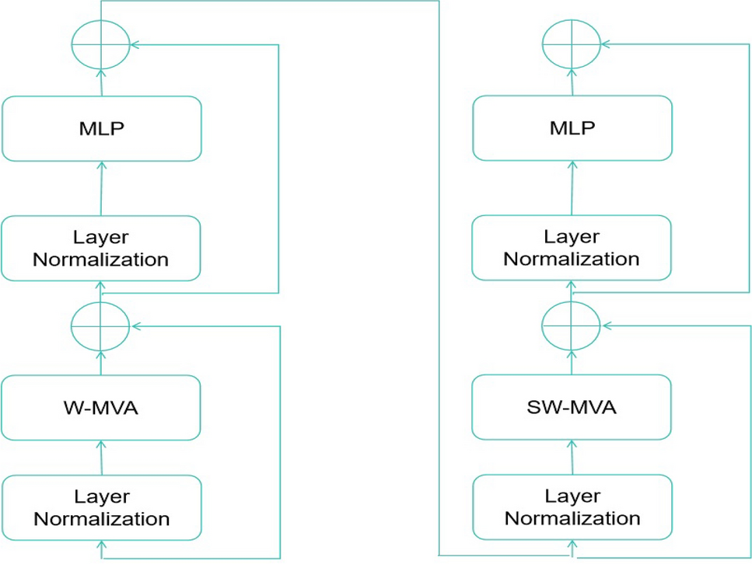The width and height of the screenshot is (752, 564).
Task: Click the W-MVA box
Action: pyautogui.click(x=101, y=407)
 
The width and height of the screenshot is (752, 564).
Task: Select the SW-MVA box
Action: pyautogui.click(x=572, y=407)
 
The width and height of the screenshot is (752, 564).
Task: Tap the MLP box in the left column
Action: pyautogui.click(x=101, y=129)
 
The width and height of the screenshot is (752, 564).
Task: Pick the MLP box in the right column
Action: pyautogui.click(x=572, y=129)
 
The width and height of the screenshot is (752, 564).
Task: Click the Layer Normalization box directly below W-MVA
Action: pyautogui.click(x=101, y=507)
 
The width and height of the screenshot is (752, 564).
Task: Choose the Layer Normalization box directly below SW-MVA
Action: pyautogui.click(x=572, y=507)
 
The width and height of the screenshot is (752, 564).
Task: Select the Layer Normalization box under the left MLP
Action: pyautogui.click(x=101, y=248)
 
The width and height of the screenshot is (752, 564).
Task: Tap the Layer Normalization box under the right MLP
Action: pyautogui.click(x=572, y=248)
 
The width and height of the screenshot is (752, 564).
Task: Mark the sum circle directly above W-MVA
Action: pyautogui.click(x=100, y=326)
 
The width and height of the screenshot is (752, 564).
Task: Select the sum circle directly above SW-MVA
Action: pyautogui.click(x=572, y=326)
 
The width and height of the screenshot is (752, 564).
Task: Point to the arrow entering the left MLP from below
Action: pyautogui.click(x=101, y=188)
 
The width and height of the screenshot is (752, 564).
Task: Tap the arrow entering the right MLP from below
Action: pyautogui.click(x=572, y=188)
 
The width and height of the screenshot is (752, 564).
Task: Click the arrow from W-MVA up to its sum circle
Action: pyautogui.click(x=100, y=363)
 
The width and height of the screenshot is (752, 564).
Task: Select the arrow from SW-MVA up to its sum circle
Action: pyautogui.click(x=572, y=363)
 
